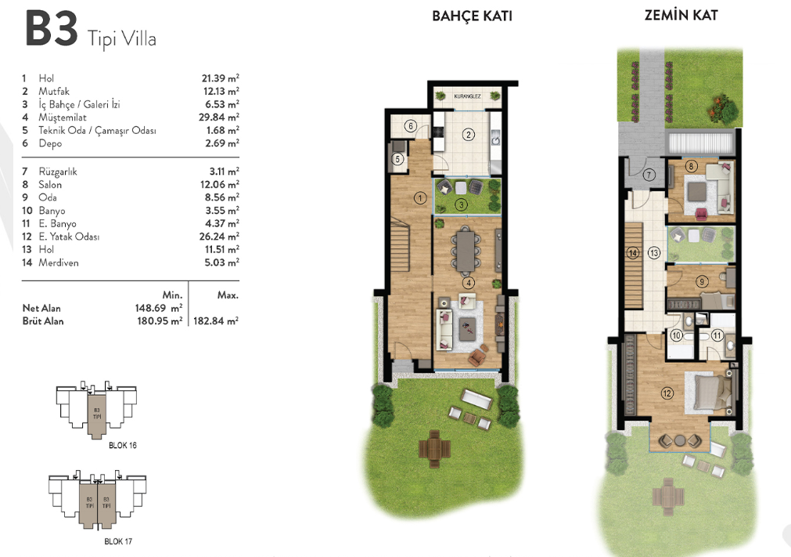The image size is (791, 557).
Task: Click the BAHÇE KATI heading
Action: [473, 16]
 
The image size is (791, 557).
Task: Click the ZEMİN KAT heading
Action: [681, 15]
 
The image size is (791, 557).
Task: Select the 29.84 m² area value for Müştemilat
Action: [219, 118]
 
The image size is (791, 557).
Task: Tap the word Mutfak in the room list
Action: [54, 92]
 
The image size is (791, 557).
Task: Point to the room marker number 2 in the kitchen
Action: [469, 134]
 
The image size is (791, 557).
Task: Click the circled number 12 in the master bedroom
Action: [667, 393]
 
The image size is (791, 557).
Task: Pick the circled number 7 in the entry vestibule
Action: [649, 175]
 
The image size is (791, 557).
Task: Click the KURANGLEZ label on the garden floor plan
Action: [467, 96]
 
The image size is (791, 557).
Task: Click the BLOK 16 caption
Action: [123, 446]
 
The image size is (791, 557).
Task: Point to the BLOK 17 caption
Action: [118, 541]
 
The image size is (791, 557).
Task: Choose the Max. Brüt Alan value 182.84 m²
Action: [216, 320]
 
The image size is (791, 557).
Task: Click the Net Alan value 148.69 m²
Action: [158, 308]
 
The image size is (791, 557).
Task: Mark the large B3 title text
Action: [52, 29]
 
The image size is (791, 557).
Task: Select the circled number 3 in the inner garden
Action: [461, 204]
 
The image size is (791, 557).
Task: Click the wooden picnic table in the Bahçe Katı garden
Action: [434, 448]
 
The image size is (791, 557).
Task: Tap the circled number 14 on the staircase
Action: [633, 252]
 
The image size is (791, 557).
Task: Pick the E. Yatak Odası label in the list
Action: [69, 237]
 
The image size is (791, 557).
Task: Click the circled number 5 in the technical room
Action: [397, 160]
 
